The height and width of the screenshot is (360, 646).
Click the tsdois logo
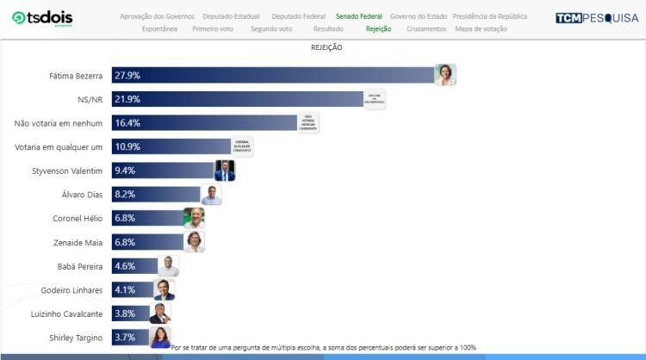coord(42,19)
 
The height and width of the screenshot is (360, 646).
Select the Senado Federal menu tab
coord(359,16)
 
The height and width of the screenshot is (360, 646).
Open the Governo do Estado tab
coord(419,16)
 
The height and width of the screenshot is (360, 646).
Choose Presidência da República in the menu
coord(489,16)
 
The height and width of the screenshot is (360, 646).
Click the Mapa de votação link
coord(481,28)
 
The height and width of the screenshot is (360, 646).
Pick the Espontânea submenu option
coord(159,28)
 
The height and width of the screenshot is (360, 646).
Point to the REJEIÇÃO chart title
coord(326,47)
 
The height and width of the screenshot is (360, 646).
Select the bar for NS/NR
coord(238,99)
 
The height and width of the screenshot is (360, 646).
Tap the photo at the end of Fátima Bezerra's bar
coord(444,75)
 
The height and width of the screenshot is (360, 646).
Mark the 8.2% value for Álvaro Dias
coord(125,195)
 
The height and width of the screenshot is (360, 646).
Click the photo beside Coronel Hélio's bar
coord(194,218)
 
